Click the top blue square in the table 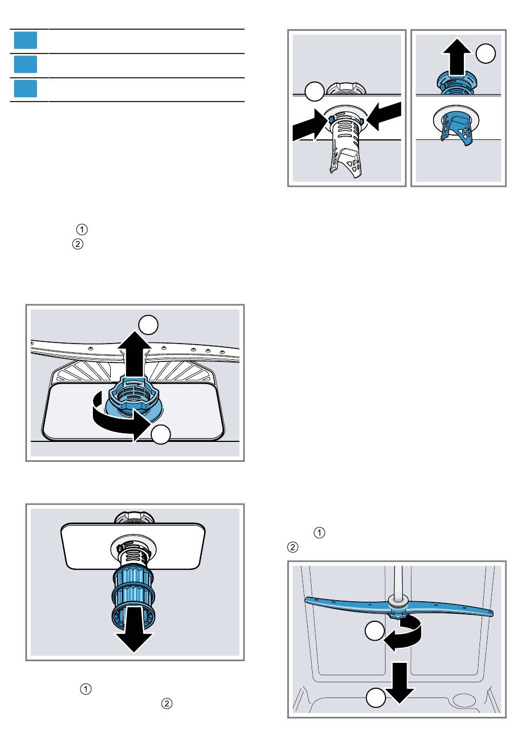click(x=25, y=41)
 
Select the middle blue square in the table click(x=25, y=64)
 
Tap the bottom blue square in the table click(x=25, y=89)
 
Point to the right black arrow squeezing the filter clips click(x=384, y=116)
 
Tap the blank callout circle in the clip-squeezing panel click(x=315, y=91)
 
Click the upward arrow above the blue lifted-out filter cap click(x=457, y=56)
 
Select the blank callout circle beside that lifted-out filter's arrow click(x=486, y=53)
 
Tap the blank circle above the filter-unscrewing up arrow click(x=148, y=325)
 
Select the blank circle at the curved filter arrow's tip click(x=161, y=434)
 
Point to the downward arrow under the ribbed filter click(x=134, y=633)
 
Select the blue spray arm click(x=399, y=608)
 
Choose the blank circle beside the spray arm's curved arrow click(x=375, y=631)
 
